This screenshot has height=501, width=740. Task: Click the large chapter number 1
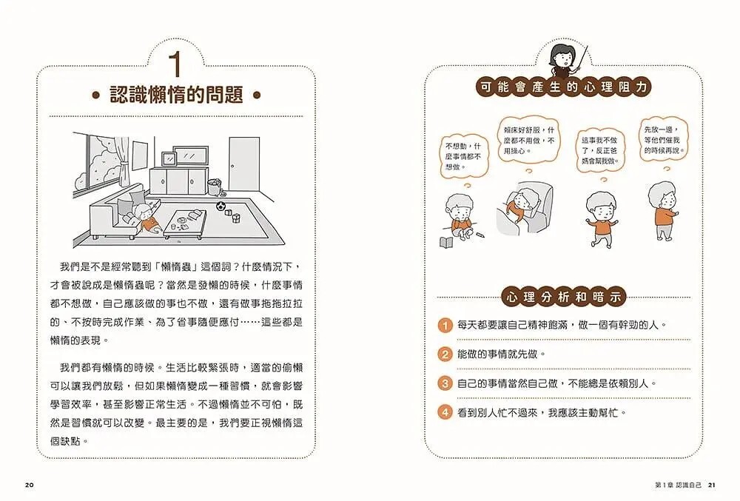pyautogui.click(x=175, y=64)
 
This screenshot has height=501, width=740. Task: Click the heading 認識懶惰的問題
pyautogui.click(x=176, y=95)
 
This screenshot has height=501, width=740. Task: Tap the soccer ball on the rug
pyautogui.click(x=221, y=206)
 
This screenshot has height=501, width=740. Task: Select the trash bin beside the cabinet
pyautogui.click(x=215, y=186)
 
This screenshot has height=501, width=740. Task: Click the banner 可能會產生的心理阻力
pyautogui.click(x=563, y=87)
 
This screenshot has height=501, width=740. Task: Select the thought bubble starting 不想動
pyautogui.click(x=463, y=156)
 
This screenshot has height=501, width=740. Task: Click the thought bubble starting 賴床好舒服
pyautogui.click(x=528, y=140)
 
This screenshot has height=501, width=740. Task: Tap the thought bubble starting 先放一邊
pyautogui.click(x=662, y=140)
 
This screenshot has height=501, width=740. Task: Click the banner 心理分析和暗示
pyautogui.click(x=563, y=297)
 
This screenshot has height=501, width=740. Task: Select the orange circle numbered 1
pyautogui.click(x=445, y=326)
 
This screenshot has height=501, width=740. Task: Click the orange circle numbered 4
pyautogui.click(x=445, y=412)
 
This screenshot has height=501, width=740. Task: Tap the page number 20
pyautogui.click(x=30, y=485)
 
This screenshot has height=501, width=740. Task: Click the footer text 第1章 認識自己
pyautogui.click(x=679, y=485)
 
